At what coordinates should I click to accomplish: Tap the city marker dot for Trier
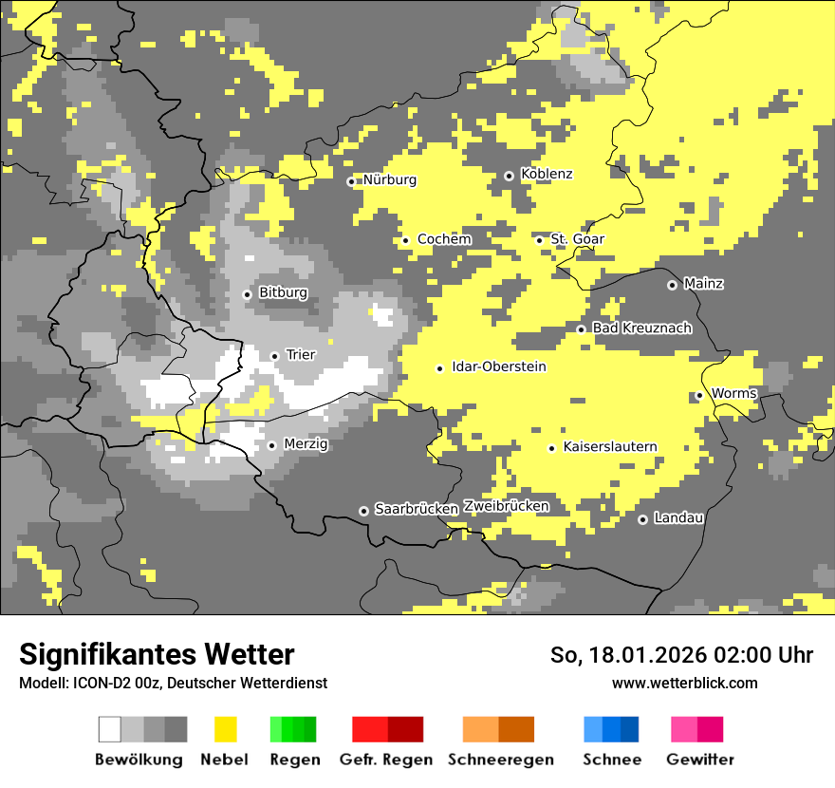274,356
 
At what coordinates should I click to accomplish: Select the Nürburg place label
389,179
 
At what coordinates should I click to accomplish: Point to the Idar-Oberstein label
498,366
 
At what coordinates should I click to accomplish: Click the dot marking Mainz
672,285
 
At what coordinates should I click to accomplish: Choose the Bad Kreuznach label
641,328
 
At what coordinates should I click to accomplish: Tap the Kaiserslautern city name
609,446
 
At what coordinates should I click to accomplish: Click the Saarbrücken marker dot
363,511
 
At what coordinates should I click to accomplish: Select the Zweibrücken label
506,506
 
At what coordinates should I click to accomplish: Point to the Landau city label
678,517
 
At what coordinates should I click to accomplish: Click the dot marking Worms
699,395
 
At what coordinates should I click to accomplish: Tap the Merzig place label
306,443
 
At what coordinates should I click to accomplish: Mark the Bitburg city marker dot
247,294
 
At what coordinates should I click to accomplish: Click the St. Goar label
577,238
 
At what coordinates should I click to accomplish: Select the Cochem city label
444,238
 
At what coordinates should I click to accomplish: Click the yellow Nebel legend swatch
225,729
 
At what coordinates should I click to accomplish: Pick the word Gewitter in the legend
699,760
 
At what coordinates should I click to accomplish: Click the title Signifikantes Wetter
157,654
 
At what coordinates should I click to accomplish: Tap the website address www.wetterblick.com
684,683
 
